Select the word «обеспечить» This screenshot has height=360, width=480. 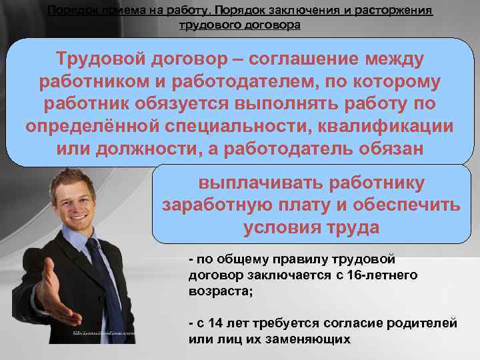pyautogui.click(x=395, y=205)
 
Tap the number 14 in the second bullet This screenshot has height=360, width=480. pyautogui.click(x=215, y=324)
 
